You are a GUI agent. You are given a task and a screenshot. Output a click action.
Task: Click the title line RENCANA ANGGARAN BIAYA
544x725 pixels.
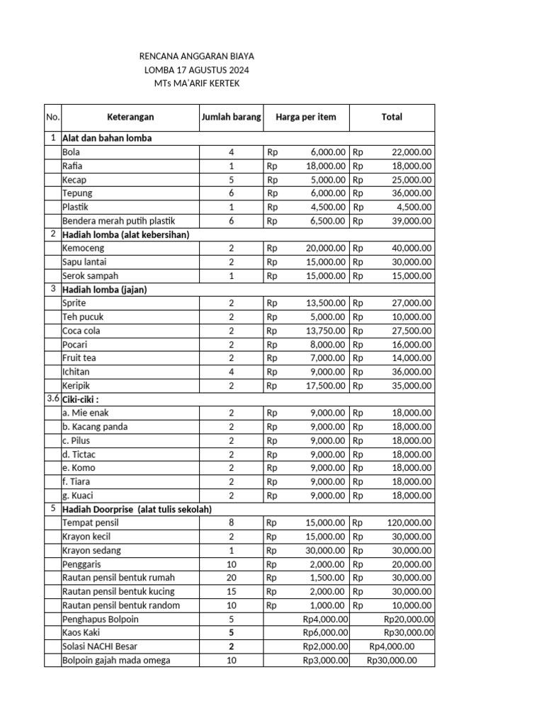click(196, 56)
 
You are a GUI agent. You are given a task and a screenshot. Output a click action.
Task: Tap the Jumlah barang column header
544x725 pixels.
click(231, 117)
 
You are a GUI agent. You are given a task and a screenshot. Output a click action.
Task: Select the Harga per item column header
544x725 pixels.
click(306, 117)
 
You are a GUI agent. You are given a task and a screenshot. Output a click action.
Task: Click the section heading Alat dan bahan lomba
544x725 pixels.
click(107, 138)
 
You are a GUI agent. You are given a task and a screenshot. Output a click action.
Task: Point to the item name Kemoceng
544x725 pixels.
click(84, 248)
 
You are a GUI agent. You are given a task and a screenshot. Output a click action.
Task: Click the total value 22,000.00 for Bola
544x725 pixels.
click(412, 152)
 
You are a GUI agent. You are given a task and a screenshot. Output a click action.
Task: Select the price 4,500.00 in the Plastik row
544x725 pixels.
click(328, 207)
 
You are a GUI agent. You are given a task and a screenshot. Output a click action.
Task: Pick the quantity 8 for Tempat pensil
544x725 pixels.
click(231, 523)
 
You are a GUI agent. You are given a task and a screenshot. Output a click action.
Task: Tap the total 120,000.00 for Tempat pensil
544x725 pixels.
click(409, 523)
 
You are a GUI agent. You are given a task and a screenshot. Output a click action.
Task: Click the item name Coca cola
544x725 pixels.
click(81, 331)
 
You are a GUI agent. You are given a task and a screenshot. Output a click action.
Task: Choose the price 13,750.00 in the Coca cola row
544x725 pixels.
click(325, 331)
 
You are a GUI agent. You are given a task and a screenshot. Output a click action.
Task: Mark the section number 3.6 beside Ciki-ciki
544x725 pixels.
click(53, 399)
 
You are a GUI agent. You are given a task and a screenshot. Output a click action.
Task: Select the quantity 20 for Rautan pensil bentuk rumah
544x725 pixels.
click(231, 578)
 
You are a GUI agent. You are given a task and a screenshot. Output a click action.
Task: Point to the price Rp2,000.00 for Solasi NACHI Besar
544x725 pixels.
click(325, 646)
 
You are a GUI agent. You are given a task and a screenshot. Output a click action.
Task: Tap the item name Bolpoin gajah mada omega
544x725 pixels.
click(116, 661)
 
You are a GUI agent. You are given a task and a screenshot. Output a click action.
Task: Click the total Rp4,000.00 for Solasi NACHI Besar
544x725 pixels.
click(392, 646)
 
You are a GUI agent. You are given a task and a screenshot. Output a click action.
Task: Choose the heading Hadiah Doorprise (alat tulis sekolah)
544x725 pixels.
click(137, 509)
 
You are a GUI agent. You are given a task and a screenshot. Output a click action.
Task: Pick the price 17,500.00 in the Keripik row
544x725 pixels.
click(325, 385)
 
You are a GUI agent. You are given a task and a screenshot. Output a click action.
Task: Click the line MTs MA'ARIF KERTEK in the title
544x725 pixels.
click(196, 84)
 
